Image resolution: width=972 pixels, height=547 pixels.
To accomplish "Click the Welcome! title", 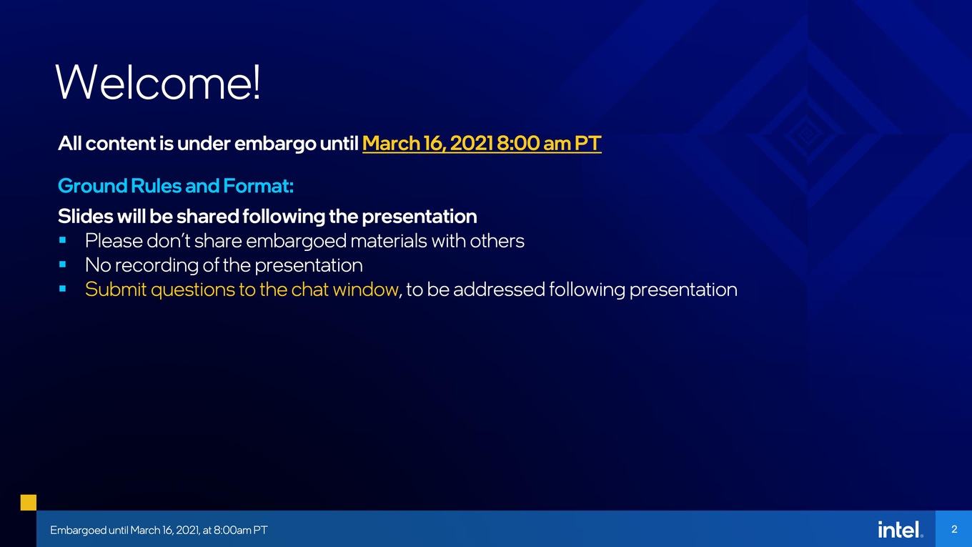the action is (x=159, y=82).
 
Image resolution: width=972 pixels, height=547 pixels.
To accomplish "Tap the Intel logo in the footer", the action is (x=901, y=530).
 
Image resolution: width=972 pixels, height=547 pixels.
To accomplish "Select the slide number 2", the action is (x=954, y=529).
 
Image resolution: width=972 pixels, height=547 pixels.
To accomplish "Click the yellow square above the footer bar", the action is (x=29, y=502).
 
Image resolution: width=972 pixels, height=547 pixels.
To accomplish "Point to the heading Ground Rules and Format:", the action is (x=176, y=186).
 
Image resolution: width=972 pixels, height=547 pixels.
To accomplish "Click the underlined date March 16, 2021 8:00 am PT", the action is (x=482, y=143).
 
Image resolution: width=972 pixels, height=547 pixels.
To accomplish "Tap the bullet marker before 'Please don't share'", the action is (x=62, y=240).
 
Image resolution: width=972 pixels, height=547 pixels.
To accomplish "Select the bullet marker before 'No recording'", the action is (x=62, y=264).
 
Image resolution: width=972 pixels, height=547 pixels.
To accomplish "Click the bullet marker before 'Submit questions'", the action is (x=62, y=288).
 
